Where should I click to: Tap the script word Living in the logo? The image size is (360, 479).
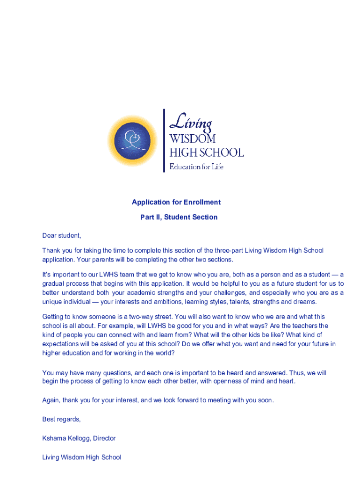coord(190,123)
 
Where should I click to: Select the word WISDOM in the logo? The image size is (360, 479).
coord(192,139)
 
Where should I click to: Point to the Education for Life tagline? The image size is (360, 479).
coord(196,167)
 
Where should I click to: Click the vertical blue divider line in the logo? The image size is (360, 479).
coord(164,140)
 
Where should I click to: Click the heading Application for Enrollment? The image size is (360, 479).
coord(176,202)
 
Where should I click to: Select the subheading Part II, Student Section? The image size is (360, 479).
coord(179,217)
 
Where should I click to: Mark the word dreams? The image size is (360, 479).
coord(305,301)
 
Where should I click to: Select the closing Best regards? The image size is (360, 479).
coord(61,419)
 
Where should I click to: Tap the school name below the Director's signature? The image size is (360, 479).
coord(81,457)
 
